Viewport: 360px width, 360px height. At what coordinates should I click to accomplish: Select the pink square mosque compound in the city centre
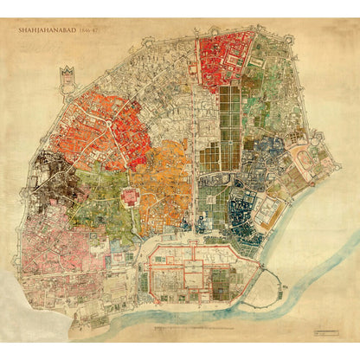click(x=132, y=197)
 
